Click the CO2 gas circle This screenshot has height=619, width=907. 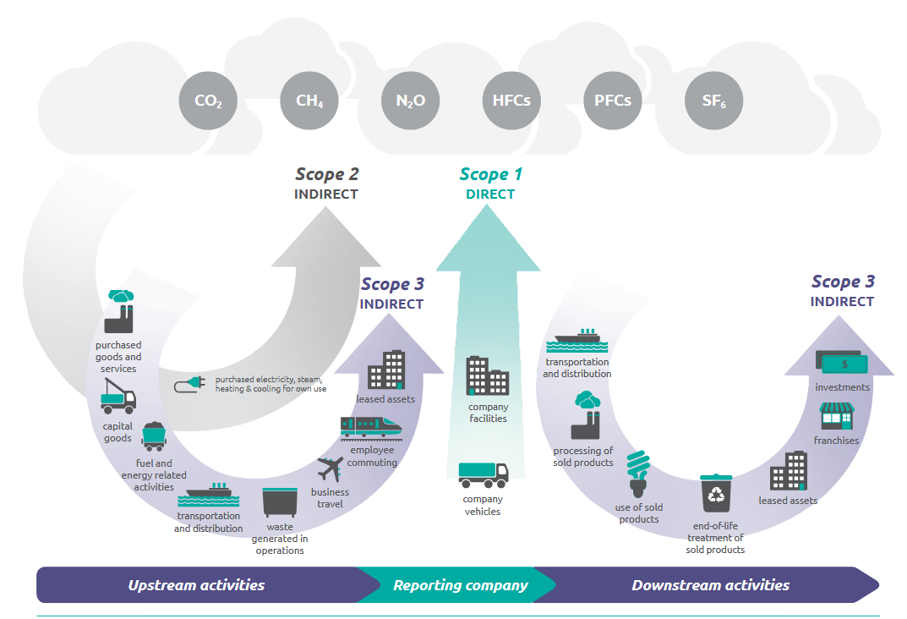coord(208,101)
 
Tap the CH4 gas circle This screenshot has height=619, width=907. coord(309,101)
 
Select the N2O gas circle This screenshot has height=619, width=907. coord(411,101)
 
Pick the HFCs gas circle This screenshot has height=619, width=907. coord(511,101)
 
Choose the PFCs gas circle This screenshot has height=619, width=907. coord(613,101)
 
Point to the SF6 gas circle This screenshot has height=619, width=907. coord(713,101)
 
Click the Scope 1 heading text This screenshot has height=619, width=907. coord(491,175)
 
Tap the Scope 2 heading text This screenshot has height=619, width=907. coord(327,175)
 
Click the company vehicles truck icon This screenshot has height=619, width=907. coord(484,475)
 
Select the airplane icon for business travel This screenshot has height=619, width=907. coord(330,468)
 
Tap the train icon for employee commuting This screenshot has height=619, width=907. coord(370,428)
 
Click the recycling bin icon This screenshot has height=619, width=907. coord(715,496)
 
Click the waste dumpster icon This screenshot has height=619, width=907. coord(280,502)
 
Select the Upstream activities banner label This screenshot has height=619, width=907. coord(196,585)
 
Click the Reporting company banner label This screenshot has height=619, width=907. coord(460,585)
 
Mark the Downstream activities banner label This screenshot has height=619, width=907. coord(710,585)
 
